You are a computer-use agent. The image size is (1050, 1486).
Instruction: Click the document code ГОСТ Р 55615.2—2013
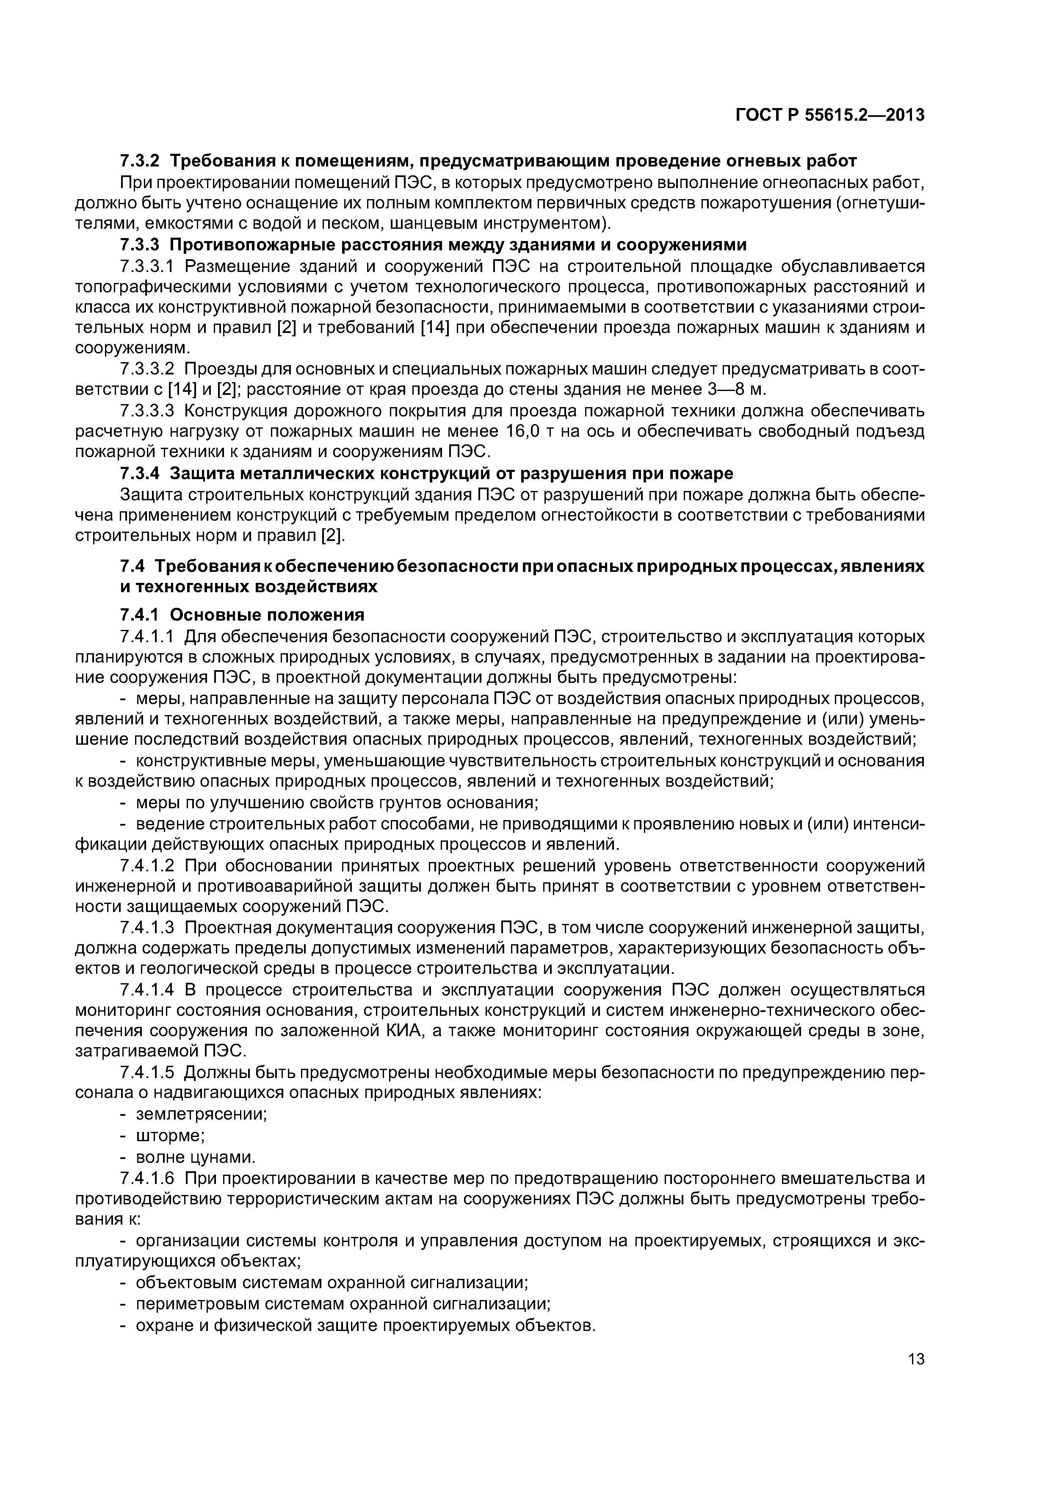click(830, 115)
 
